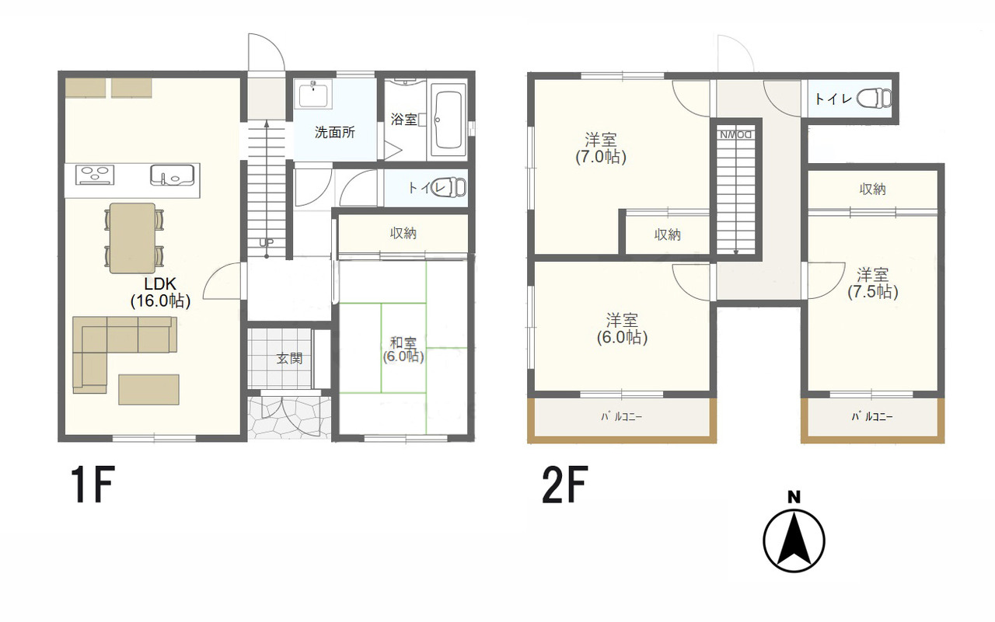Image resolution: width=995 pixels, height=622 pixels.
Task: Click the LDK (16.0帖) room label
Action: (x=160, y=293)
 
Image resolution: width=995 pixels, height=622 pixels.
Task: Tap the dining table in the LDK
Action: (x=132, y=238)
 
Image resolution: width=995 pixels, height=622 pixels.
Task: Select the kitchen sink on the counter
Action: (x=172, y=175)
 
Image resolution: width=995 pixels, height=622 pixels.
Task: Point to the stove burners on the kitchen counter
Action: (x=95, y=175)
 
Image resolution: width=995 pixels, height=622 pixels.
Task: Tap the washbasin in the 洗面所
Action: (x=313, y=95)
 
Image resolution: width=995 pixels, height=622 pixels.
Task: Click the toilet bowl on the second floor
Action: (x=874, y=98)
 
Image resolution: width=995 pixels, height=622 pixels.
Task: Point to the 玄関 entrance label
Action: (x=290, y=359)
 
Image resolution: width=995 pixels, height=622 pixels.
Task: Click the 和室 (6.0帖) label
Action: (x=403, y=349)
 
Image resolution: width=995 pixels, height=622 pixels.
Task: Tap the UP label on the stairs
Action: (x=266, y=243)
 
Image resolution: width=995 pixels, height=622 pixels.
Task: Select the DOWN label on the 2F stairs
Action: (x=735, y=134)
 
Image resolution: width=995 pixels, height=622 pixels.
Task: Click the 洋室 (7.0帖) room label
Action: (x=601, y=148)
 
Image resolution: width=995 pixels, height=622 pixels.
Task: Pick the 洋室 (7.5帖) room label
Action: (x=872, y=283)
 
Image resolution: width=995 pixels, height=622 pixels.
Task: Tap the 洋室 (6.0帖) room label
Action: (x=622, y=329)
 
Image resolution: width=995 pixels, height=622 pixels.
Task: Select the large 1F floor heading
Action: (x=93, y=484)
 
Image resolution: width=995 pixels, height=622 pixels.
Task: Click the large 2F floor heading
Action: (x=564, y=484)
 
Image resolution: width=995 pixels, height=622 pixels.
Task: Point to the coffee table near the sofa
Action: (x=148, y=389)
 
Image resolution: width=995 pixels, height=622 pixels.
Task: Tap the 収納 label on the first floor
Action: (x=403, y=233)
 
